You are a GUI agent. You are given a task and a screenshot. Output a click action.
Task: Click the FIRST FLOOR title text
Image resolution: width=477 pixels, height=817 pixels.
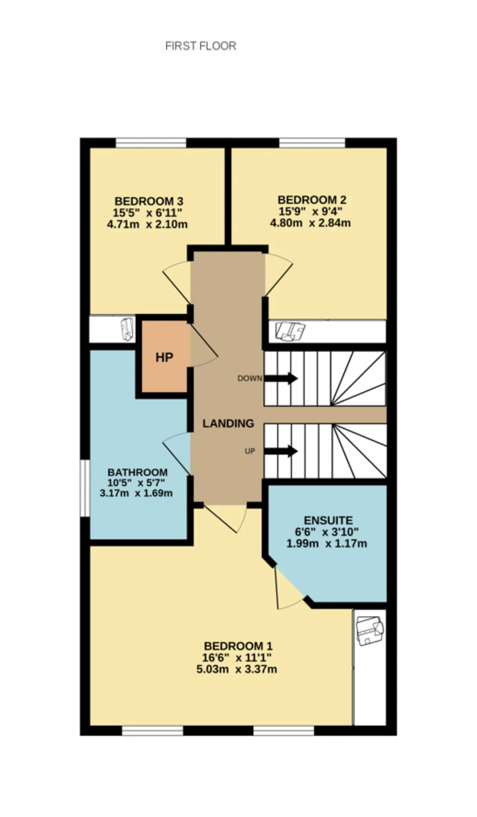200,46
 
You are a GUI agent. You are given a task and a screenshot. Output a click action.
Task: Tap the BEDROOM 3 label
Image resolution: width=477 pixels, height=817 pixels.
149,201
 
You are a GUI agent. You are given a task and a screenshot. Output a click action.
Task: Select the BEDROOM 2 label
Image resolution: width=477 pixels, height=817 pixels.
312,200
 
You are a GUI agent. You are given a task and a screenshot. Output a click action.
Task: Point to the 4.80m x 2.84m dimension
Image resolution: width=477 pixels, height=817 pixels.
310,223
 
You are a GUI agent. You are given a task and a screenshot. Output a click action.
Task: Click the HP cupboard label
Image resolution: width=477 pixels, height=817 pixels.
164,357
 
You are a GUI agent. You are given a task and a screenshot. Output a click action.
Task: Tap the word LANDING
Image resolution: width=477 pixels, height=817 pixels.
228,423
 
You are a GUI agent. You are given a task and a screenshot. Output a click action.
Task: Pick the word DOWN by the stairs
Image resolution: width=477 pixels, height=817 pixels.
250,378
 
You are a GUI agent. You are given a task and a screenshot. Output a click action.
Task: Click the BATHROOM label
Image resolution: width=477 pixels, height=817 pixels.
138,472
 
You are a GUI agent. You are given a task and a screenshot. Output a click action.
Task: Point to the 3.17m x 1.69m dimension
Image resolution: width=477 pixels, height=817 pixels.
136,493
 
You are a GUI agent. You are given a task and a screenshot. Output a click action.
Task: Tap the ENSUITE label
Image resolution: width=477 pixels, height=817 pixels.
328,520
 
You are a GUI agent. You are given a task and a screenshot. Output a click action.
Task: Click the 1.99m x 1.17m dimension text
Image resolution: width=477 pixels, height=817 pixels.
326,543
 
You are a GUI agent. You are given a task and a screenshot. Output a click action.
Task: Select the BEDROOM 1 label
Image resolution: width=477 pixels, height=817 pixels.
238,646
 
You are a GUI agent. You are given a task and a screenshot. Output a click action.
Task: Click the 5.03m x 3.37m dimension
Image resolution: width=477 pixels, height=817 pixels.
237,669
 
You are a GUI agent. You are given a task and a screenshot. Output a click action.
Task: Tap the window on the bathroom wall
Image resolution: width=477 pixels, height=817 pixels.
85,488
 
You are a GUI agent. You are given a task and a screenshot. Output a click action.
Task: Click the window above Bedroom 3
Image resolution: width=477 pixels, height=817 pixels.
151,143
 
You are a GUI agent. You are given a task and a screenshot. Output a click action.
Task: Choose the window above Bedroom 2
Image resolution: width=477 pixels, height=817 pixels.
312,143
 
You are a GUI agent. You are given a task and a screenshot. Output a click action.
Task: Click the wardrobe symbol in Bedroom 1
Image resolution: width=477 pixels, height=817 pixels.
370,630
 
